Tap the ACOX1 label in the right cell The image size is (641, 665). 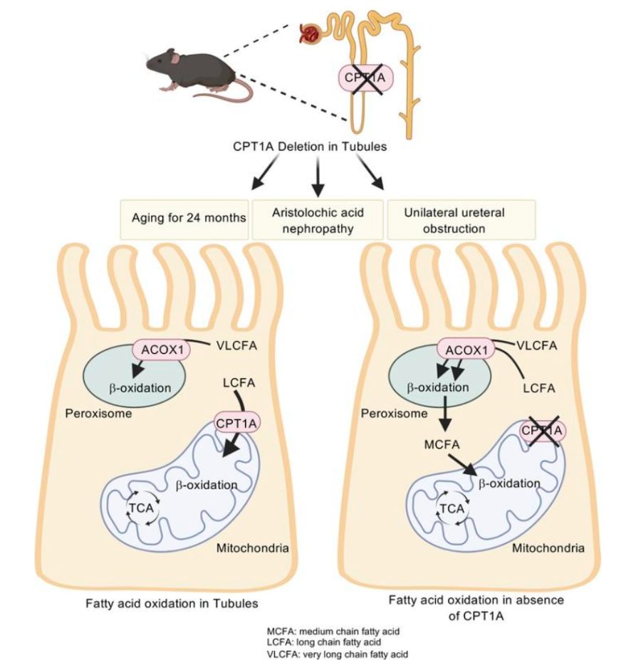[x=467, y=350]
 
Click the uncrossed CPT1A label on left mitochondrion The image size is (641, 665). [x=237, y=424]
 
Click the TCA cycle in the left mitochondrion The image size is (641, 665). [x=140, y=506]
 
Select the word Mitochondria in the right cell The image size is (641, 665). [x=548, y=548]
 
